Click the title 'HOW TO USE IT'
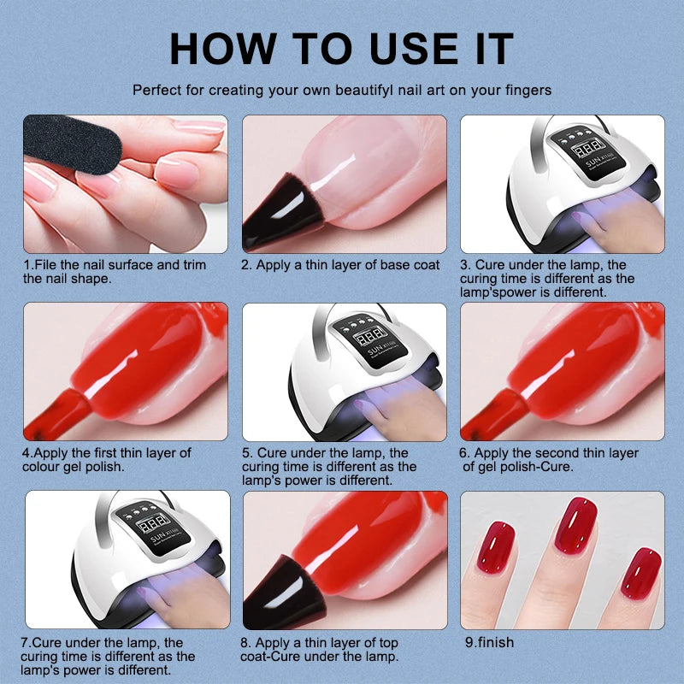pos(341,48)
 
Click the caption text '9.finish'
pos(489,642)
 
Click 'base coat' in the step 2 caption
pos(410,265)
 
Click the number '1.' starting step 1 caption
pos(28,265)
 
